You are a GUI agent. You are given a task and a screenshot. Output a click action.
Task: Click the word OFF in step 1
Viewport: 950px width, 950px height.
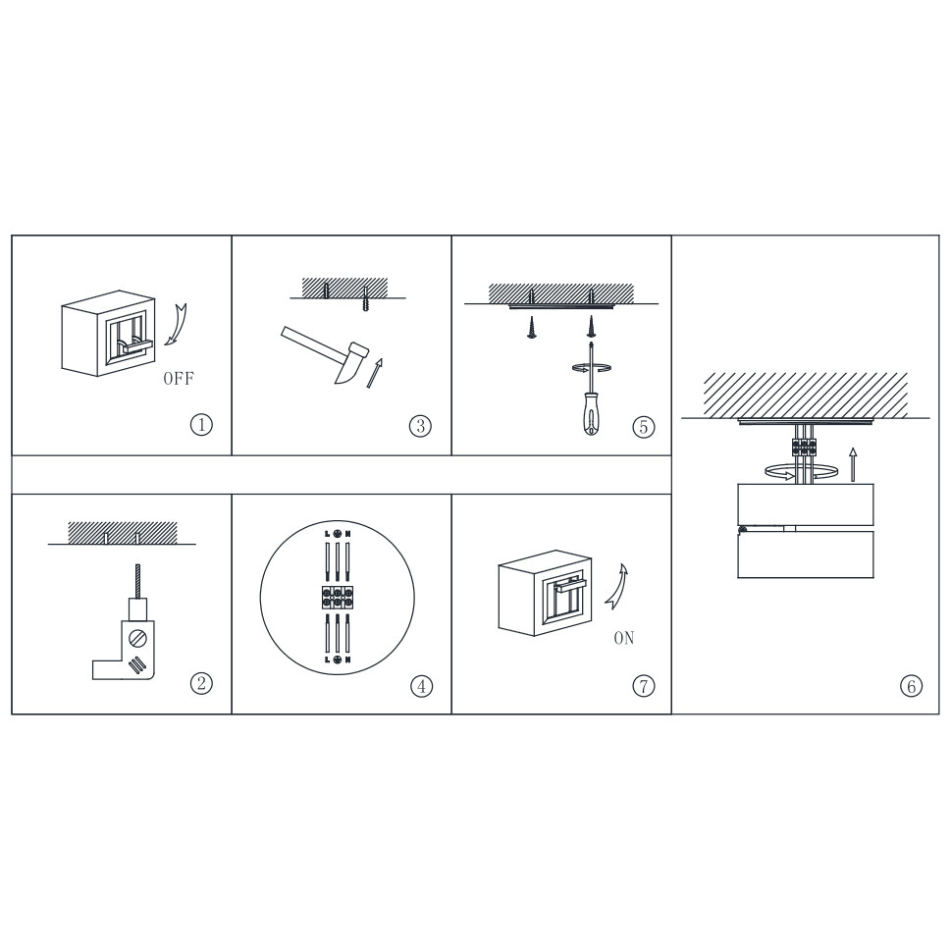coord(179,379)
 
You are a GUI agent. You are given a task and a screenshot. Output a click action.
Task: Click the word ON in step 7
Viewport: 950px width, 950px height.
coord(624,638)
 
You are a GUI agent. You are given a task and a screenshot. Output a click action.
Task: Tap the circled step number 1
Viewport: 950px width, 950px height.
coord(202,424)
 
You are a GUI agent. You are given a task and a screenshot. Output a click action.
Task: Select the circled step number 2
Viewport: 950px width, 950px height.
coord(202,683)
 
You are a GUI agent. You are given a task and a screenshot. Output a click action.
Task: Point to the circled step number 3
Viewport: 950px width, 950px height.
coord(420,426)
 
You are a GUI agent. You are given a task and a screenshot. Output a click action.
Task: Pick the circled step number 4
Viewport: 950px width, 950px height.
coord(422,686)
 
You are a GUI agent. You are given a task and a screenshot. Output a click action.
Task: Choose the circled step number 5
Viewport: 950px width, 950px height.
coord(644,427)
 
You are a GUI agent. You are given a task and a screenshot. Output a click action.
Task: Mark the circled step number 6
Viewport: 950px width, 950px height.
coord(911,686)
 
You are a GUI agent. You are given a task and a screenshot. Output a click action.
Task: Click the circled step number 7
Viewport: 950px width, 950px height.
coord(644,686)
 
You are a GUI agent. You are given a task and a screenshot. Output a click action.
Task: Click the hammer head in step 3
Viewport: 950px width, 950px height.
coord(351,363)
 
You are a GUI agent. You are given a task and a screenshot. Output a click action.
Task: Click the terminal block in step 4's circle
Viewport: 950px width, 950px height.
coord(337,597)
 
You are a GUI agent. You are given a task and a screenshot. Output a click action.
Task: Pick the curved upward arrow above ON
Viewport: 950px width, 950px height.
coord(616,585)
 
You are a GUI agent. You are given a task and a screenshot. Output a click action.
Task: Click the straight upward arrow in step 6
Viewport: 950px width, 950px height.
coord(853,464)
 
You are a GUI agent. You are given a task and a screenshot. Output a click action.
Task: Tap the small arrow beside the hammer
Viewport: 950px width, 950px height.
coord(375,373)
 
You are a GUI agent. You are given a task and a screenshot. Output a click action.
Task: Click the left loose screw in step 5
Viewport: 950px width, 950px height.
coord(532,327)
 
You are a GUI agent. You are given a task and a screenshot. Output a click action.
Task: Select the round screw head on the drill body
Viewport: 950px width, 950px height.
coord(138,638)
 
